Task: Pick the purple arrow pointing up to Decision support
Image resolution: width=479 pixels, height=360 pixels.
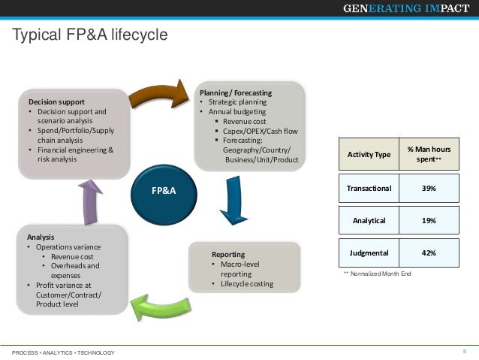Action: coord(90,201)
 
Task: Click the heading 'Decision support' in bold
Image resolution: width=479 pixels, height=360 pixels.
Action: coord(56,101)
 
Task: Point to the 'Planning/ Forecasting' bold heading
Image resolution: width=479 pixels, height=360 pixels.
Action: coord(235,92)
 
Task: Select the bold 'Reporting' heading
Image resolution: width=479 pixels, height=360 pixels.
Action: coord(228,254)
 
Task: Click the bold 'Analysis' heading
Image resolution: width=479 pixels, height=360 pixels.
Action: coord(41,237)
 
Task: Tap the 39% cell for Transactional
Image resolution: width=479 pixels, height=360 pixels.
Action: coord(429,188)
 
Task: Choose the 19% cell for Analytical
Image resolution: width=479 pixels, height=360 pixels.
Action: coord(429,220)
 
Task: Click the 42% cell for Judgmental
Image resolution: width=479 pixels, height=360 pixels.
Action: coord(429,253)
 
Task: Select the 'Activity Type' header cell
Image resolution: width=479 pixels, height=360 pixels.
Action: coord(369,154)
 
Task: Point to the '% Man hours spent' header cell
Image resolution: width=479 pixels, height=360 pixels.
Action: coord(429,154)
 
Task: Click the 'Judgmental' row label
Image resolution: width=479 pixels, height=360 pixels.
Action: coord(369,253)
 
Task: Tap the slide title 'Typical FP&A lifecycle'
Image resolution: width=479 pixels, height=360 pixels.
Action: coord(90,35)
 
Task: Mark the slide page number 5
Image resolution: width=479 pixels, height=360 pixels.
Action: coord(465,352)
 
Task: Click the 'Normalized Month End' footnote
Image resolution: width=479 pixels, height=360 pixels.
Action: coord(380,274)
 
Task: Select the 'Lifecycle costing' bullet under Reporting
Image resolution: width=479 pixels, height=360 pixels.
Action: coord(247,284)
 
